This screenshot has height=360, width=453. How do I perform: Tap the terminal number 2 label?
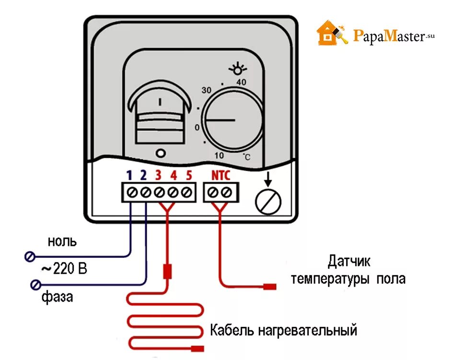click(x=143, y=175)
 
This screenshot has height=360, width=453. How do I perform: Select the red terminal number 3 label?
click(x=158, y=175)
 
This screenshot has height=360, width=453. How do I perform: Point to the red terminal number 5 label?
click(x=189, y=175)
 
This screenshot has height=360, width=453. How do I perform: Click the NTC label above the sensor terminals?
click(x=221, y=175)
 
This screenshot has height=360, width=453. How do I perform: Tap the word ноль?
click(x=62, y=241)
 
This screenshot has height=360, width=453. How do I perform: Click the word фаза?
click(x=57, y=297)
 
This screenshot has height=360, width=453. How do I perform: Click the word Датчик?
click(x=349, y=262)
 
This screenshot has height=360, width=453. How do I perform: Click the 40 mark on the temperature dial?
click(x=241, y=82)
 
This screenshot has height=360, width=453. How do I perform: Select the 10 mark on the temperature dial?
click(x=219, y=155)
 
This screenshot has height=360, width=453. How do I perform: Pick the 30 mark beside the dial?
click(x=206, y=90)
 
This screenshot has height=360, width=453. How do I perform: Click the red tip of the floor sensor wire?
click(x=270, y=287)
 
